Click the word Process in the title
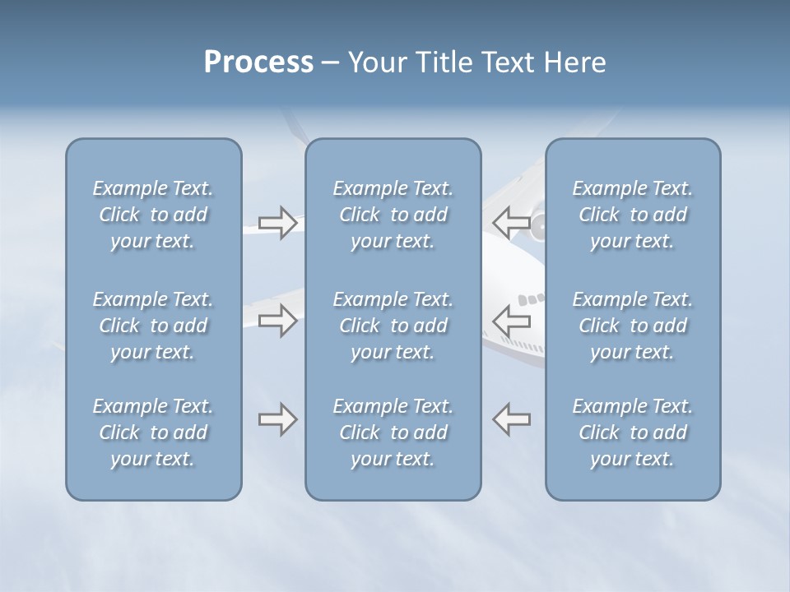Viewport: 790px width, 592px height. [258, 62]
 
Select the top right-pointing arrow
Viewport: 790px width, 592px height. [278, 223]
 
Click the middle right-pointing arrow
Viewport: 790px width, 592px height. [278, 320]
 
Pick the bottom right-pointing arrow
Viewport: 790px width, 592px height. [278, 419]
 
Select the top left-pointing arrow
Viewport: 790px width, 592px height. [512, 222]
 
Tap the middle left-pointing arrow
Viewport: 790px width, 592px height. [512, 320]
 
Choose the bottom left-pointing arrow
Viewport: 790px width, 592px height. [512, 419]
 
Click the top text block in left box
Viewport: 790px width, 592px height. [153, 215]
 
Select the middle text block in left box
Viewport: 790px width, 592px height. [153, 326]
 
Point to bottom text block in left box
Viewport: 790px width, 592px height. [153, 432]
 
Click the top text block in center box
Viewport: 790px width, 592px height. [393, 215]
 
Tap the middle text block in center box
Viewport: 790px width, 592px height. [393, 326]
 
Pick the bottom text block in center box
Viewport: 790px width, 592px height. [393, 432]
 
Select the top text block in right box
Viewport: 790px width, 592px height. [632, 215]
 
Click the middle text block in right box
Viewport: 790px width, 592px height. [632, 326]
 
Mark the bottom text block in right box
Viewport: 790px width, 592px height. [632, 432]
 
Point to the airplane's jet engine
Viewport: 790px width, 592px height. [537, 226]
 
